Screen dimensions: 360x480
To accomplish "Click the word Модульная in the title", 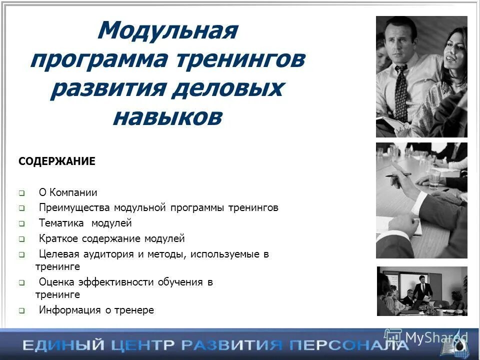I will pos(167,31).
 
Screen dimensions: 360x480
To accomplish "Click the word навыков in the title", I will pos(167,117).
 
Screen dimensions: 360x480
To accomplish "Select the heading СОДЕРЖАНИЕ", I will pos(56,161).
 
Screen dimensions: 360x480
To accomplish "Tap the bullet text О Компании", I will pos(68,192).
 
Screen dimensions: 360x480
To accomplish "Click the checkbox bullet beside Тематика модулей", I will pos(22,224).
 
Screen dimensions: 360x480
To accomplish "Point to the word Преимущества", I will pos(74,207).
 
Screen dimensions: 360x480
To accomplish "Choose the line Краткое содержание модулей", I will pos(111,238).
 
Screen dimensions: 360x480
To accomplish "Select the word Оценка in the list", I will pos(55,282).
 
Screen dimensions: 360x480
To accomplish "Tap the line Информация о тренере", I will pos(96,310).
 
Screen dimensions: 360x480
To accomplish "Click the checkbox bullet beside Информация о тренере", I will pos(22,310).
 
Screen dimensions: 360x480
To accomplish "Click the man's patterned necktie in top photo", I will pos(401,93).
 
